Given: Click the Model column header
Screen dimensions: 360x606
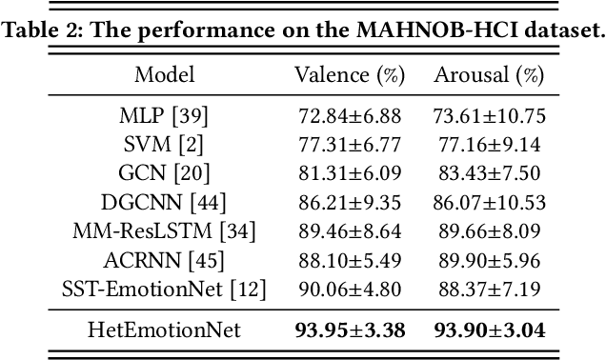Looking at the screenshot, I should point(164,75).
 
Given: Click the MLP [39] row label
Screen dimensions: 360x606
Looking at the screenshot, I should point(164,116).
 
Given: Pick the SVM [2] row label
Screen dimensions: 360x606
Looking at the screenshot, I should point(164,145).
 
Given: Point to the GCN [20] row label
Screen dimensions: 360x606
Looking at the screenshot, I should point(164,173).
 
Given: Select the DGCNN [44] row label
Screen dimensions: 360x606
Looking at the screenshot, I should point(164,202).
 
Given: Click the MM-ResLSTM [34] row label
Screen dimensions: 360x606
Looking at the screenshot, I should point(164,230).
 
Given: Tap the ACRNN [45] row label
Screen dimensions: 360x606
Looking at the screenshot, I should point(164,259).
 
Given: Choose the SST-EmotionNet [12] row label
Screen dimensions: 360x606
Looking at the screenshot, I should point(164,288).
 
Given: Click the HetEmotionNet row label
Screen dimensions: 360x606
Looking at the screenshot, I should point(164,330).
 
